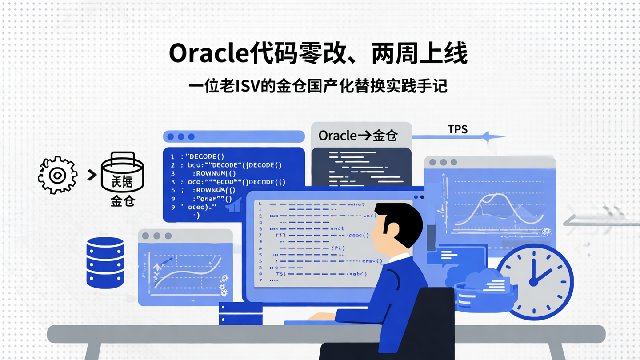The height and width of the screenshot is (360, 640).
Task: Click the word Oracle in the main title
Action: [x=208, y=54]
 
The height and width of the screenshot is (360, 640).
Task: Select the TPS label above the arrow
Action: [x=457, y=129]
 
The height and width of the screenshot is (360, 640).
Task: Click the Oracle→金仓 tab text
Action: [x=358, y=136]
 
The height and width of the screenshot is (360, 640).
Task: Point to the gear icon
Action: [x=57, y=175]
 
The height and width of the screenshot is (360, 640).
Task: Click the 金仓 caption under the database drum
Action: [x=122, y=201]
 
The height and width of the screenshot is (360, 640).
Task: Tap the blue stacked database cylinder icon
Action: [x=105, y=263]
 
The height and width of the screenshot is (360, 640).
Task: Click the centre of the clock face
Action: [x=534, y=281]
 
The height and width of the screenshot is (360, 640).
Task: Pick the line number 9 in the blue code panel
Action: [x=172, y=207]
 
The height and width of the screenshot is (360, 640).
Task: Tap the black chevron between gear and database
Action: [x=92, y=175]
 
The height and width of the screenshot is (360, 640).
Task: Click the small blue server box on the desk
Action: [x=240, y=313]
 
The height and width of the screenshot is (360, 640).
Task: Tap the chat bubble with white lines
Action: [x=453, y=256]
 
